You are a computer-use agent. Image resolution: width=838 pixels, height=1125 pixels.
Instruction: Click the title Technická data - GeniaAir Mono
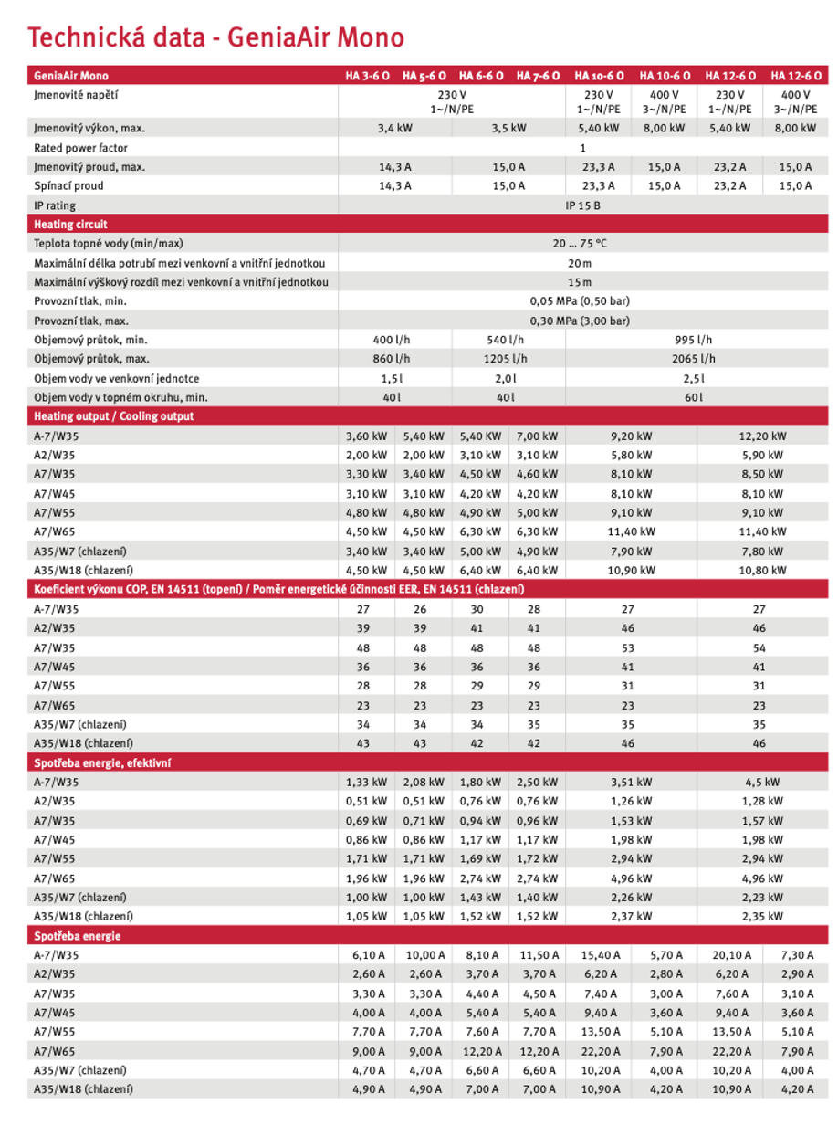pos(215,37)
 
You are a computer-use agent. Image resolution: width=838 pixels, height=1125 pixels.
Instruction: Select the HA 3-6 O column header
pos(366,76)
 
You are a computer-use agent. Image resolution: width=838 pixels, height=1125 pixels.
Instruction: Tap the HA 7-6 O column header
pos(538,76)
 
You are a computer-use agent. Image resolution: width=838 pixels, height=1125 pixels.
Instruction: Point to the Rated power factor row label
pos(80,148)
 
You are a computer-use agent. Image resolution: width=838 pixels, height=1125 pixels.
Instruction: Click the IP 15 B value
pos(582,205)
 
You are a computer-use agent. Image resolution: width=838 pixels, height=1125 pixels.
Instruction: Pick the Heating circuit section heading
pos(70,225)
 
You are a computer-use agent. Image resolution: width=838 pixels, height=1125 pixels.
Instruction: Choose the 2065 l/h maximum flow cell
pos(696,359)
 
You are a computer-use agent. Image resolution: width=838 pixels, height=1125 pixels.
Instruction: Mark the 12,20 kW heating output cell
pos(762,436)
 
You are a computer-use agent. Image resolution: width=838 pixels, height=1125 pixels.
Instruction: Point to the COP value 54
pos(759,647)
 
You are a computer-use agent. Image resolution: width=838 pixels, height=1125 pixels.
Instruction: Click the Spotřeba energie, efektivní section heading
pos(102,762)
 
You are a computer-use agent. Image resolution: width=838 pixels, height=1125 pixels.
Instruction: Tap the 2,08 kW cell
pos(424,783)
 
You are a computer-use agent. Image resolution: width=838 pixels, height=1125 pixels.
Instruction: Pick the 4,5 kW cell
pos(762,783)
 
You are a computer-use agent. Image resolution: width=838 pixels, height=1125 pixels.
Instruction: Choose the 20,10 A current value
pos(731,955)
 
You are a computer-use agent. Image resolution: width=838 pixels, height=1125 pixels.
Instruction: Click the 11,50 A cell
pos(538,955)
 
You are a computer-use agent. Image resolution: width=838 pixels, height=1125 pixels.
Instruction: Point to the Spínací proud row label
pos(68,186)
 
